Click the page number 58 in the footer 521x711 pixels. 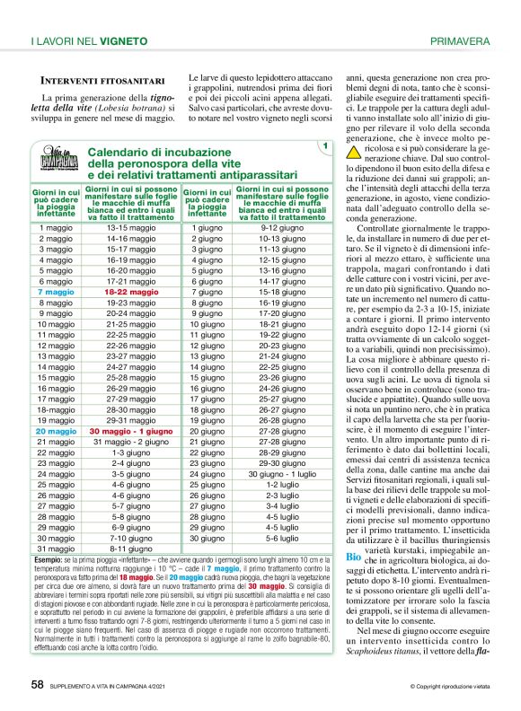click(x=38, y=684)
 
